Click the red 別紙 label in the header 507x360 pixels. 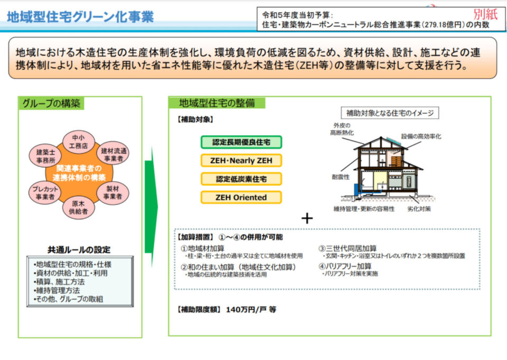click(485, 15)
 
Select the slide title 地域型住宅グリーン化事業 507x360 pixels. click(80, 17)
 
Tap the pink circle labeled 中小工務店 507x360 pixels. click(78, 142)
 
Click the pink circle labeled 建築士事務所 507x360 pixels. click(45, 156)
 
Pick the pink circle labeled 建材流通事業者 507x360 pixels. click(113, 153)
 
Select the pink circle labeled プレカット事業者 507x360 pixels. click(45, 193)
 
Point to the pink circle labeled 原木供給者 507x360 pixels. click(78, 208)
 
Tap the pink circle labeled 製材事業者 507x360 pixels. click(113, 193)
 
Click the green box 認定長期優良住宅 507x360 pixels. click(241, 142)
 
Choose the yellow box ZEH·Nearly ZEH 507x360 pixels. click(241, 161)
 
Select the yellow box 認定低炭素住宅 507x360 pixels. click(241, 179)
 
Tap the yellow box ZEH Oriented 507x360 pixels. click(241, 198)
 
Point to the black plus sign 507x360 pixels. click(307, 218)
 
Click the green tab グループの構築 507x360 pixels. click(51, 104)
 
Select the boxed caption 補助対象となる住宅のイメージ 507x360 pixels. click(390, 113)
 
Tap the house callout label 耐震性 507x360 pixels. click(341, 177)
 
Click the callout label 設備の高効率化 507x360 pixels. click(421, 136)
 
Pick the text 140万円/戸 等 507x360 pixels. click(251, 309)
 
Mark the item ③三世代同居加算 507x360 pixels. click(348, 248)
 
